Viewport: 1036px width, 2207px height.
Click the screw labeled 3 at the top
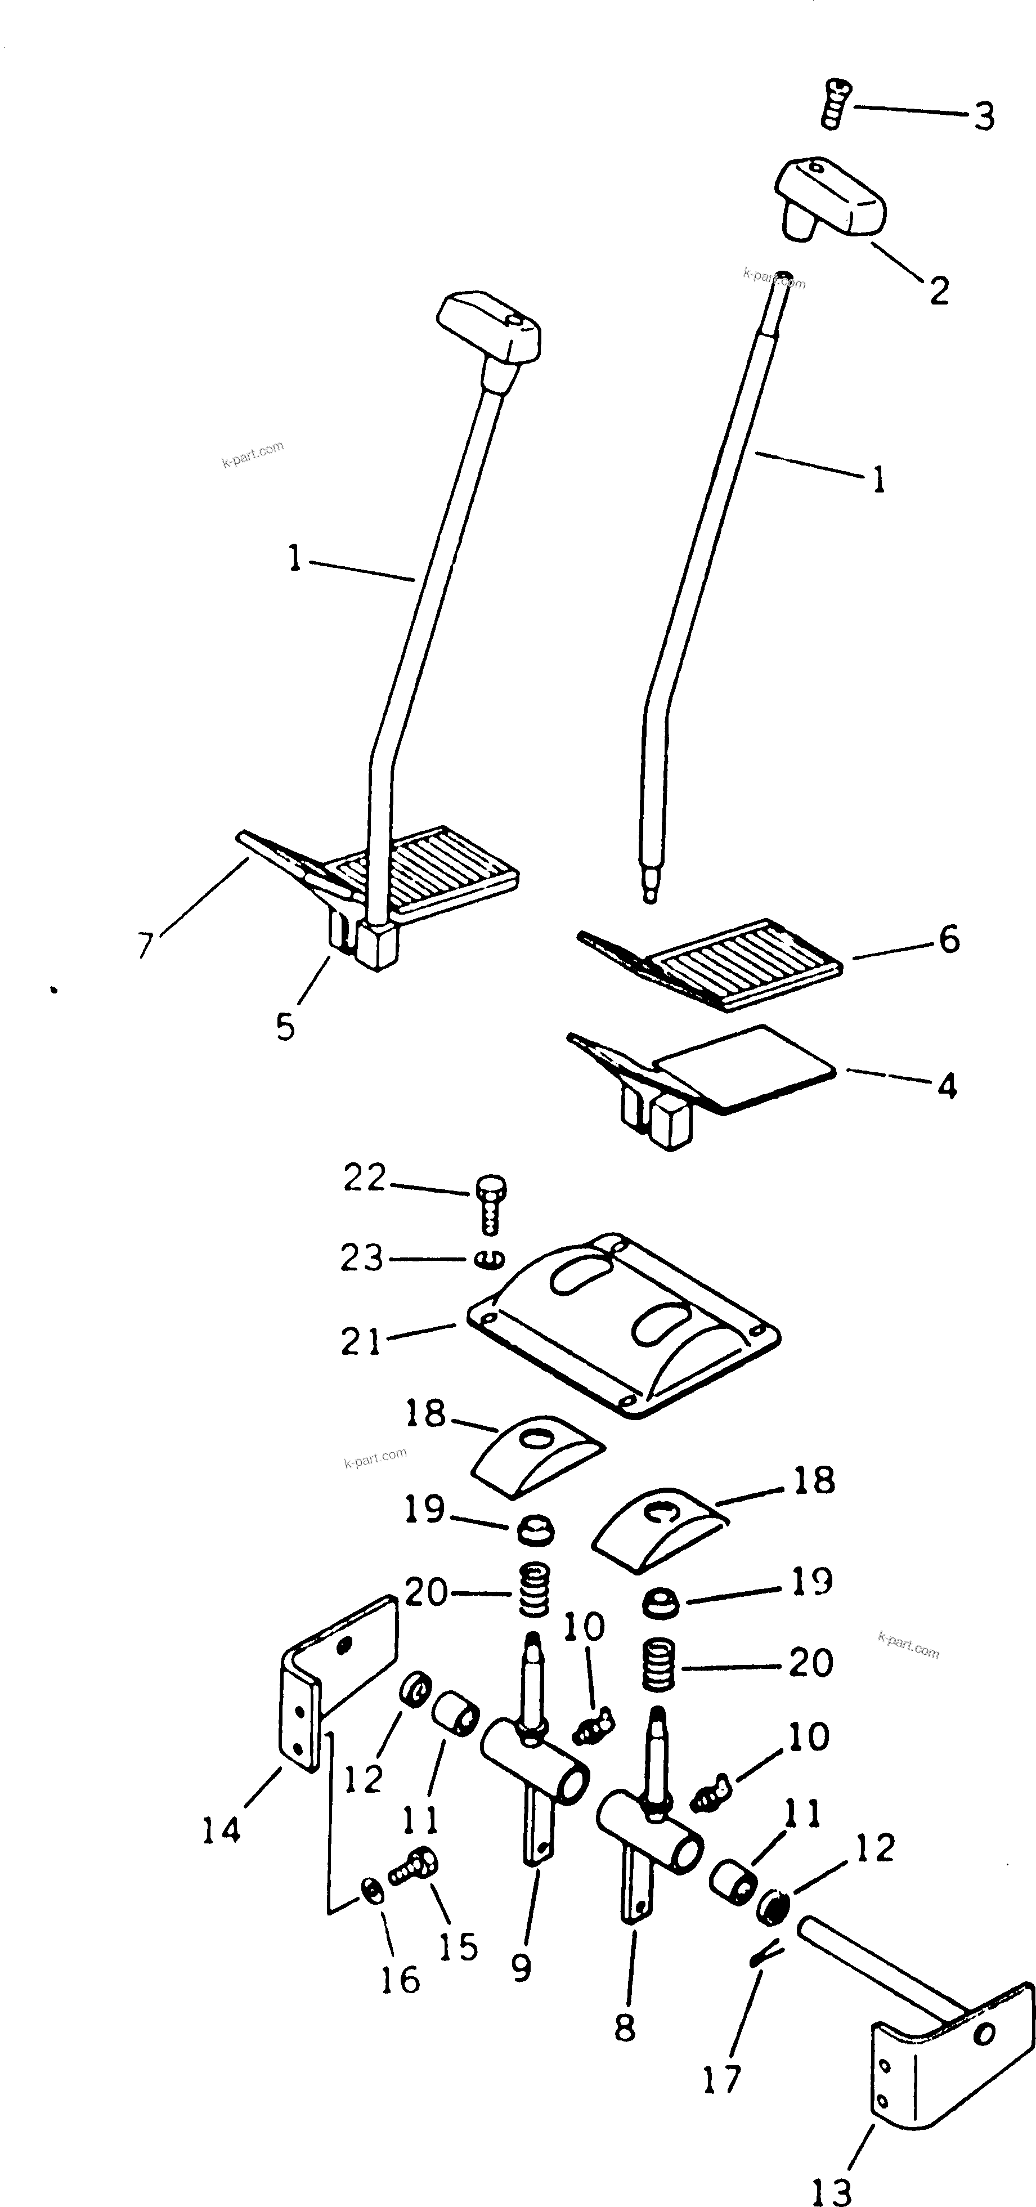pos(835,103)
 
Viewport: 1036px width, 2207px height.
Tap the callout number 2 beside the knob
pos(940,292)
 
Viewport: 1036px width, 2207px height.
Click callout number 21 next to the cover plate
pos(360,1342)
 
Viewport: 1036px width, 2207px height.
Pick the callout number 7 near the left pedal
pos(146,945)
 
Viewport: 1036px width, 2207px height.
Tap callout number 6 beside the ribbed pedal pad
pos(949,940)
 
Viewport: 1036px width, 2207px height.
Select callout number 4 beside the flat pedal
pos(946,1086)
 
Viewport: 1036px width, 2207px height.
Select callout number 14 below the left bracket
pos(221,1831)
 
